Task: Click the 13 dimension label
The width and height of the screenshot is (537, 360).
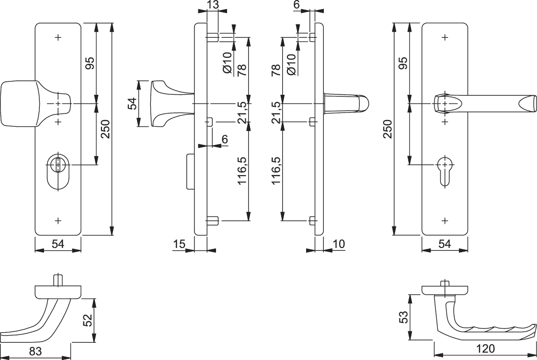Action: [x=213, y=5]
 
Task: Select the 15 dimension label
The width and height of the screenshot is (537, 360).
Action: [x=179, y=244]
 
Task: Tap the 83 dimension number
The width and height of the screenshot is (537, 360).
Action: [x=35, y=351]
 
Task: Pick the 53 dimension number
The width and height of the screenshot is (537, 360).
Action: [x=403, y=316]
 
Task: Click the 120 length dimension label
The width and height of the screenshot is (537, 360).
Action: [x=485, y=349]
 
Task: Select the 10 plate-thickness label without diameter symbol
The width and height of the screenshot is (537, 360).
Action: [x=338, y=244]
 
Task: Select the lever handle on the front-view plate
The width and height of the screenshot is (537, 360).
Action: [x=484, y=103]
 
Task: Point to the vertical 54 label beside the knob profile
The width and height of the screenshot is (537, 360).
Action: [x=133, y=104]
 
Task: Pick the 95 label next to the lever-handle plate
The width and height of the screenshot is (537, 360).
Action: [x=402, y=63]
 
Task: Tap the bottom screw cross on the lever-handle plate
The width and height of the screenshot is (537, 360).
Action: [x=445, y=221]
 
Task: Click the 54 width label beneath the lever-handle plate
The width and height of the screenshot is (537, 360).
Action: [x=445, y=244]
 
